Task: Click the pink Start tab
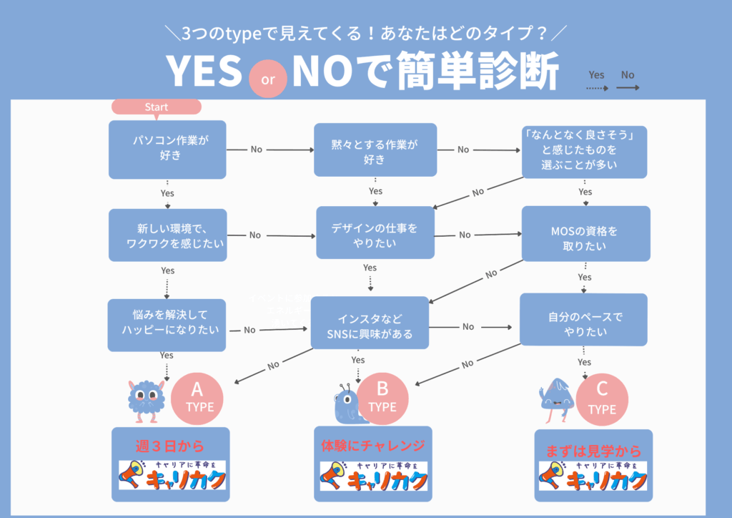[x=157, y=107]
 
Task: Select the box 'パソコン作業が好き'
[x=167, y=150]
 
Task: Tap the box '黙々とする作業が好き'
[x=375, y=150]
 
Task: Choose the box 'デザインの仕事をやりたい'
[x=375, y=233]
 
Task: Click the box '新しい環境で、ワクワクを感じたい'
[x=167, y=235]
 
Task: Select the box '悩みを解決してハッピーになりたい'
[x=167, y=325]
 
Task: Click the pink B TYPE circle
[x=382, y=397]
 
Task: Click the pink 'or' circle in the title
[x=268, y=79]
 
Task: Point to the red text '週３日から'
[x=169, y=446]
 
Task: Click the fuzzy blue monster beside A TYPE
[x=147, y=397]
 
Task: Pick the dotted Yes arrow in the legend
[x=596, y=89]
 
